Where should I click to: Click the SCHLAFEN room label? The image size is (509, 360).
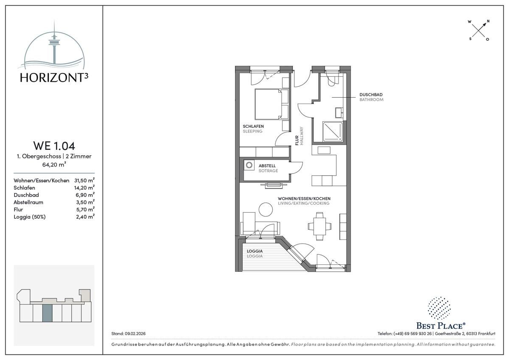tap(253, 126)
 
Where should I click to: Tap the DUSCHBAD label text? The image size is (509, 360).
tap(371, 95)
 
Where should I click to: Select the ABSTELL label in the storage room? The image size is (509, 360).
tap(267, 166)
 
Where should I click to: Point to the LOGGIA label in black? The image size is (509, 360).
tap(255, 251)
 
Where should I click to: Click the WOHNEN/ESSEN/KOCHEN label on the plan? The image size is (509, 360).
tap(304, 199)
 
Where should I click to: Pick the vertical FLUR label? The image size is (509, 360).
tap(297, 141)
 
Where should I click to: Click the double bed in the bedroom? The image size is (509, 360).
tap(271, 104)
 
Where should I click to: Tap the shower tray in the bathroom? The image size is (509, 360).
tap(333, 132)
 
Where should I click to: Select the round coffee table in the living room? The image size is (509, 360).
tap(266, 209)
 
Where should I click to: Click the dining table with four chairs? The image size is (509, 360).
tap(319, 226)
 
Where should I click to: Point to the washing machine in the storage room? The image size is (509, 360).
tap(249, 165)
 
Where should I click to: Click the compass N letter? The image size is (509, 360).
tap(488, 21)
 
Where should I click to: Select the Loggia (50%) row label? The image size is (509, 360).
tap(30, 217)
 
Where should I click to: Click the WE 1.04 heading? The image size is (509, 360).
tap(54, 146)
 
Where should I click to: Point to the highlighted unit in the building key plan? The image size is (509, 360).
tap(47, 313)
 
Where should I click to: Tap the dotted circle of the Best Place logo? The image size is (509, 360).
tap(439, 308)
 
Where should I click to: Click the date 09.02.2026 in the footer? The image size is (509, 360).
tap(135, 334)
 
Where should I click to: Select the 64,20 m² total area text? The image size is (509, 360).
tap(54, 164)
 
